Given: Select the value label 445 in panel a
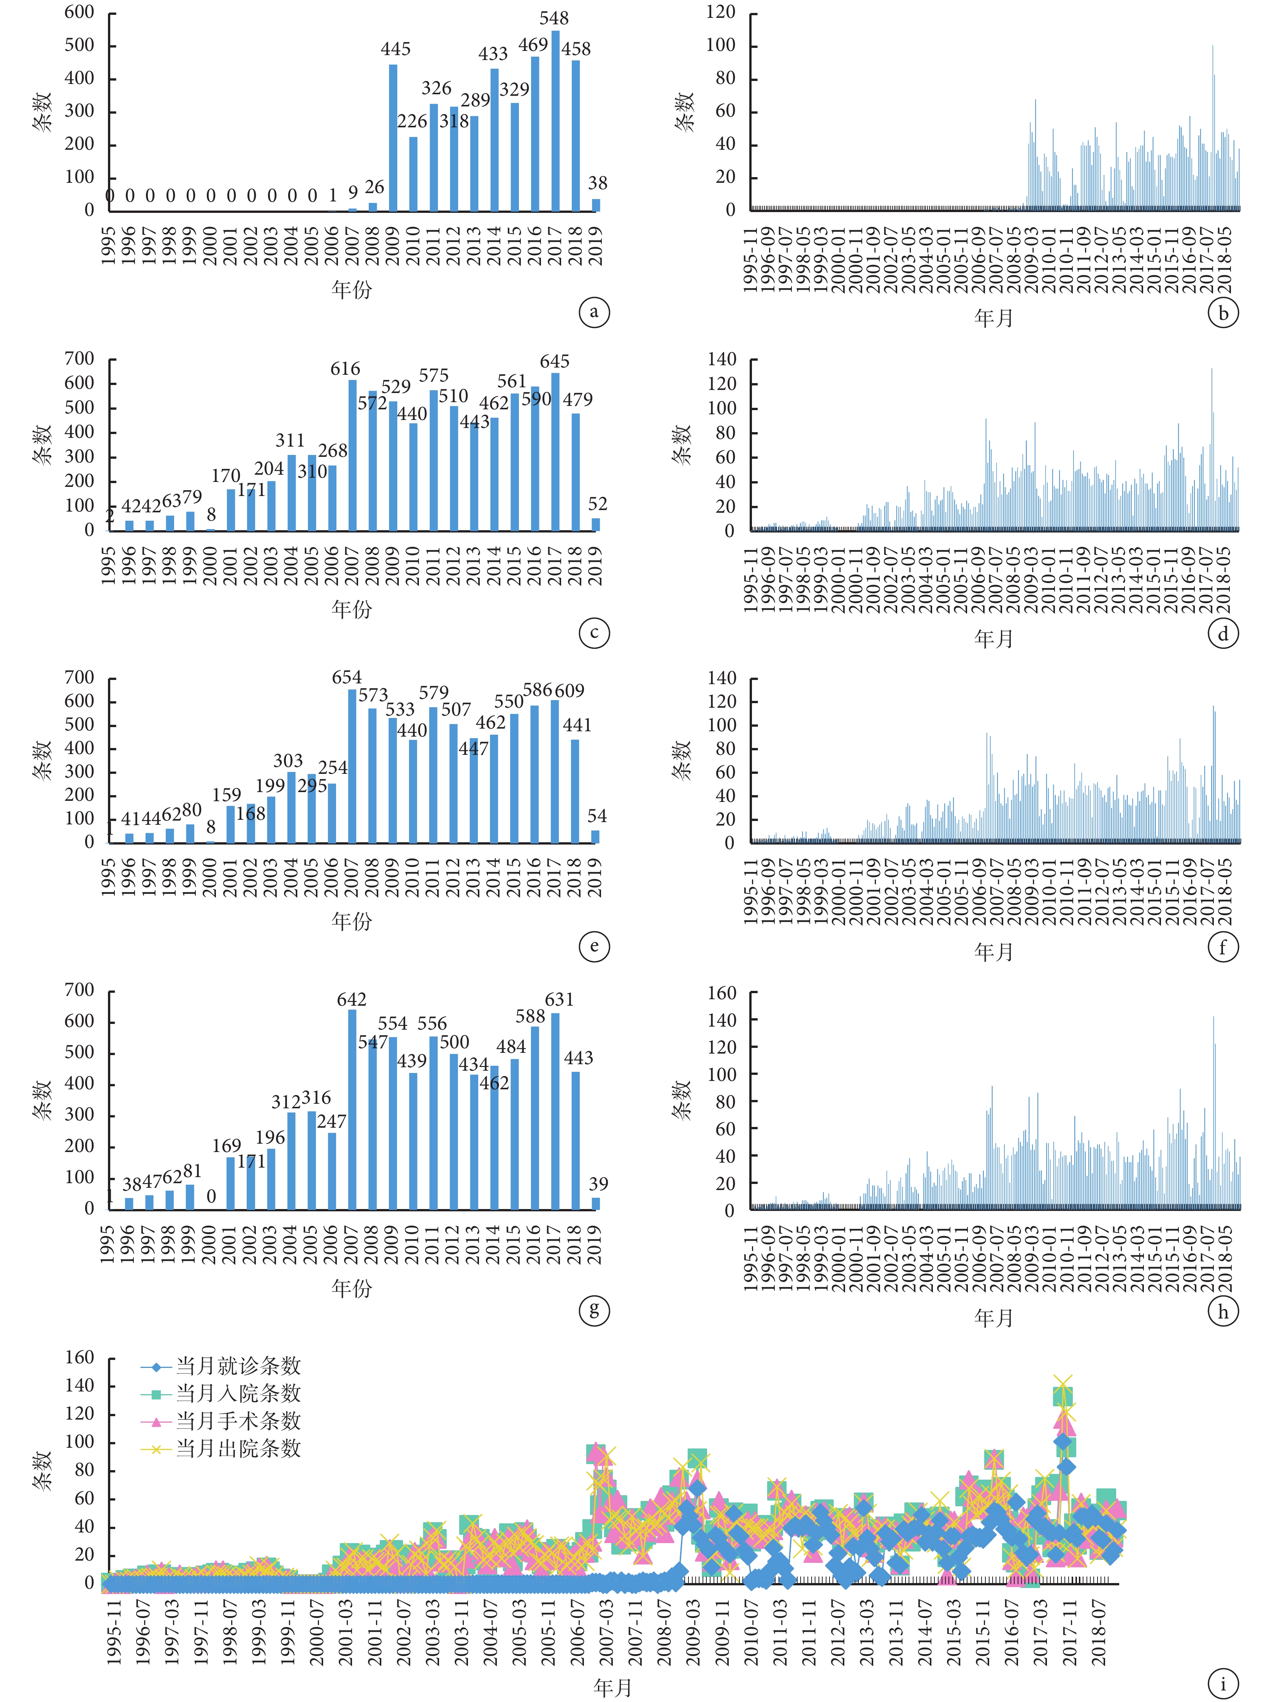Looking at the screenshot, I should click(x=395, y=49).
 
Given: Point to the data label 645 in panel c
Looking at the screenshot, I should click(x=555, y=361).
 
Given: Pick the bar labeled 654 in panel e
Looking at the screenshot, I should click(x=352, y=765).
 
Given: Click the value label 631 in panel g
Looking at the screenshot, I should click(x=560, y=1000).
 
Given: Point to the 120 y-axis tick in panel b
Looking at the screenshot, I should click(x=721, y=12).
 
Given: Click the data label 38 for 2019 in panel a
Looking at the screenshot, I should click(x=597, y=183).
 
